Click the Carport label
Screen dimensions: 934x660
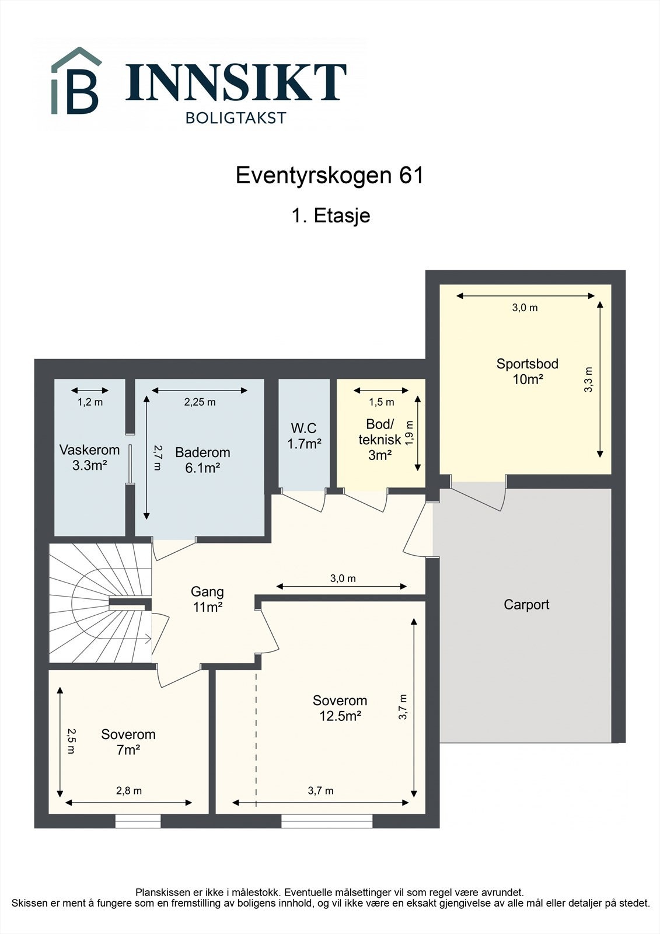point(526,605)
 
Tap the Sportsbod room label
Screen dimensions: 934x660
point(527,371)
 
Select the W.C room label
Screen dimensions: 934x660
point(304,436)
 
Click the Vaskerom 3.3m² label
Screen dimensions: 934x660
point(89,457)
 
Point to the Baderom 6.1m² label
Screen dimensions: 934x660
point(202,459)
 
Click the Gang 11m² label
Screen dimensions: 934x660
point(207,599)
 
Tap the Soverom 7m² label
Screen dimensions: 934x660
point(128,742)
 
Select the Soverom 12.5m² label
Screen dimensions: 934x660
point(340,708)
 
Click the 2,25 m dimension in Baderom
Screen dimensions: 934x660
point(200,402)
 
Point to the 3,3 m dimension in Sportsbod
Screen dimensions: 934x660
point(588,379)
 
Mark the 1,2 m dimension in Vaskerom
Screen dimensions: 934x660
point(90,402)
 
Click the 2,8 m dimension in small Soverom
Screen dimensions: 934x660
point(128,791)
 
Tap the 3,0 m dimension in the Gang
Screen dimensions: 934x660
point(343,578)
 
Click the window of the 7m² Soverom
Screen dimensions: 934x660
point(138,821)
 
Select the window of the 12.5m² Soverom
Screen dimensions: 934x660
point(327,821)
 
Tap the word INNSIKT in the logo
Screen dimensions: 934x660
point(236,82)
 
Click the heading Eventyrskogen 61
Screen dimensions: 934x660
point(329,175)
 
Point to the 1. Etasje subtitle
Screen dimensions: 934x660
point(330,215)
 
